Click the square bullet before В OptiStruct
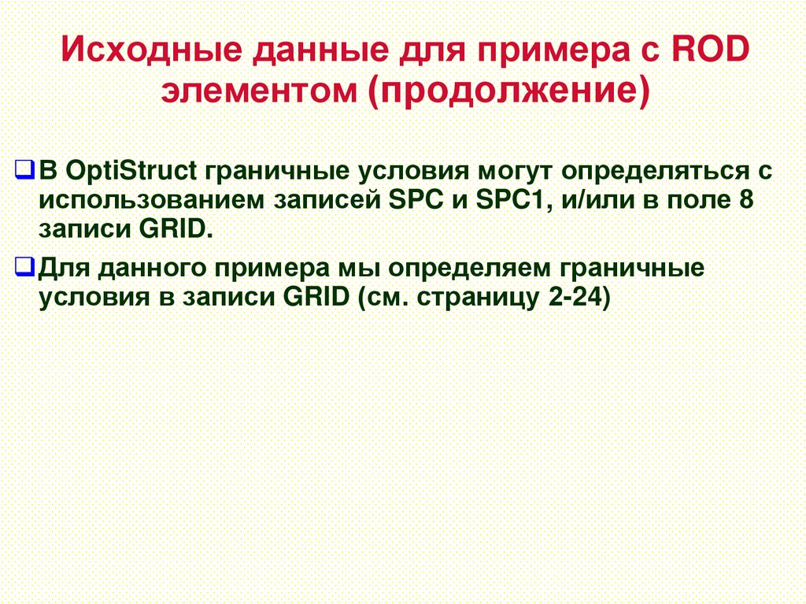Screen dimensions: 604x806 tap(26, 170)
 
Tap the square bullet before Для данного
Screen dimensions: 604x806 tap(26, 268)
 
